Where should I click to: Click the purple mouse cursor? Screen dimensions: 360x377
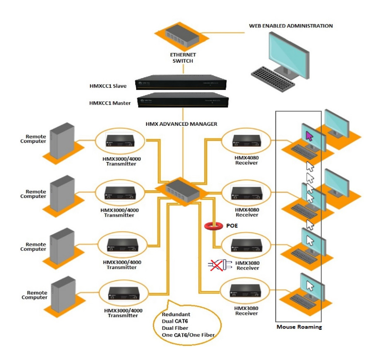pos(310,136)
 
